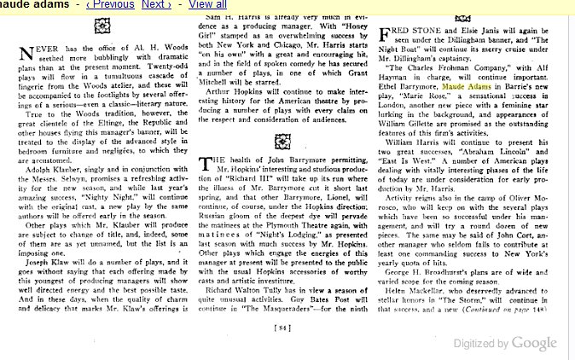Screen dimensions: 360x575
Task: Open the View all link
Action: click(x=206, y=5)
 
